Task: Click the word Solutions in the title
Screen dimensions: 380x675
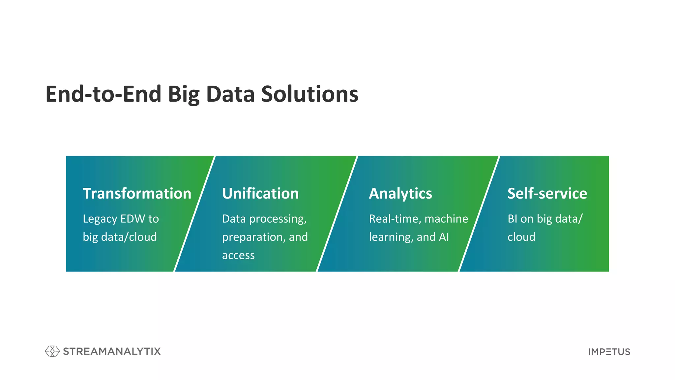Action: (x=309, y=94)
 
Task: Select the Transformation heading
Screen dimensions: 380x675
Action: (x=137, y=193)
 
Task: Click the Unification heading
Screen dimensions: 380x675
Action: (x=260, y=193)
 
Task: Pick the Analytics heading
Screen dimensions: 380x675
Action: (x=400, y=193)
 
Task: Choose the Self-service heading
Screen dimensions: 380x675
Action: (x=547, y=193)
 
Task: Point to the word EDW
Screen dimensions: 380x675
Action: (x=132, y=219)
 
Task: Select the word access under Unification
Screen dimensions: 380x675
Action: (x=238, y=255)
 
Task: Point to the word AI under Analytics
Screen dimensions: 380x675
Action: (x=444, y=237)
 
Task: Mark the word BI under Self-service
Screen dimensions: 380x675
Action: (x=512, y=219)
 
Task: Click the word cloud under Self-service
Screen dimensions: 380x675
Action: (x=521, y=237)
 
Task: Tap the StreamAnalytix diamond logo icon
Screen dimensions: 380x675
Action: (x=52, y=351)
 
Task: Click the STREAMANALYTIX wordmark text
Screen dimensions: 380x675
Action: (x=112, y=351)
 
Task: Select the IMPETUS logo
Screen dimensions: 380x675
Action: (x=609, y=352)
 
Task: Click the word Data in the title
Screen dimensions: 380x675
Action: (x=230, y=94)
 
